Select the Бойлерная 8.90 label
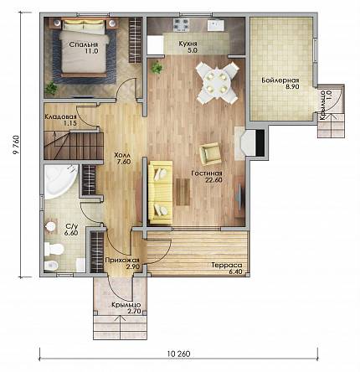pos(280,84)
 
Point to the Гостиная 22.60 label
pos(207,177)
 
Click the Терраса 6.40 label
pos(227,268)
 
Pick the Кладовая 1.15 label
pos(60,120)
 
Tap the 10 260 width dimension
pos(179,354)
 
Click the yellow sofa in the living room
pos(160,193)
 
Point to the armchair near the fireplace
pos(210,153)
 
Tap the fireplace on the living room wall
pos(249,143)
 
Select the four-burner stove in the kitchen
pos(182,24)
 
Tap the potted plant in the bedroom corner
pos(51,89)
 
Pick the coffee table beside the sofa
pos(183,192)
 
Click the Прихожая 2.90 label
pos(122,263)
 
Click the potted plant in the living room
pos(157,67)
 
